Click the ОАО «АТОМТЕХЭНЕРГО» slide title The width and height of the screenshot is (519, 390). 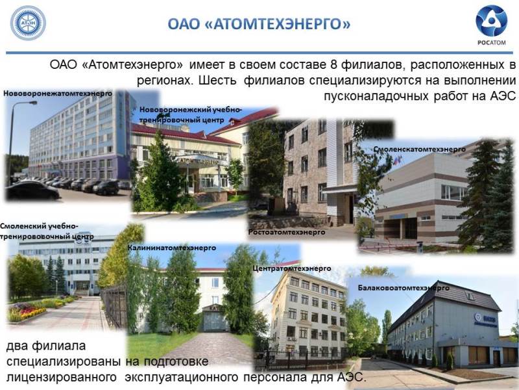tap(259, 24)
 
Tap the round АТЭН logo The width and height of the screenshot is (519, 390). tap(28, 23)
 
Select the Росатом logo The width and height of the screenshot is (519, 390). tap(492, 25)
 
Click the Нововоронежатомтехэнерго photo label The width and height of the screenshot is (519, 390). tap(58, 94)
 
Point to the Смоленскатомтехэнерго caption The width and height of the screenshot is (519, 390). tap(419, 149)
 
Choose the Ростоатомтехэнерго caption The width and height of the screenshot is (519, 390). tap(287, 232)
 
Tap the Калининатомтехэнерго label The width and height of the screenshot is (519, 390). tap(172, 248)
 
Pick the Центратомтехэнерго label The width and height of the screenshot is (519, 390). tap(291, 268)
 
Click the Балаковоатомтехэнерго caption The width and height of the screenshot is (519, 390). tap(404, 288)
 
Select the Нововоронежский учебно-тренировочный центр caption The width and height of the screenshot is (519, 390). tap(191, 115)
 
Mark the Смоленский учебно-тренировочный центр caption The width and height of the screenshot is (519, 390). tap(47, 231)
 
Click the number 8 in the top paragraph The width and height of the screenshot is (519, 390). tap(333, 64)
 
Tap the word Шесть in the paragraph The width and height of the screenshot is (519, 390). tap(217, 81)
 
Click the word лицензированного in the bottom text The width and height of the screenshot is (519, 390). tap(62, 378)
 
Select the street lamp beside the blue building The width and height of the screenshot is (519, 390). tap(13, 142)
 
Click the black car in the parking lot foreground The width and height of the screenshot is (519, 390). tap(32, 190)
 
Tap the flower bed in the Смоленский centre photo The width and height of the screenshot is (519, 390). tap(28, 312)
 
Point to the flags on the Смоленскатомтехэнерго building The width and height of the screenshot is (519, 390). tap(396, 161)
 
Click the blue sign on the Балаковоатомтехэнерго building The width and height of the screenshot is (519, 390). tap(486, 320)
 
